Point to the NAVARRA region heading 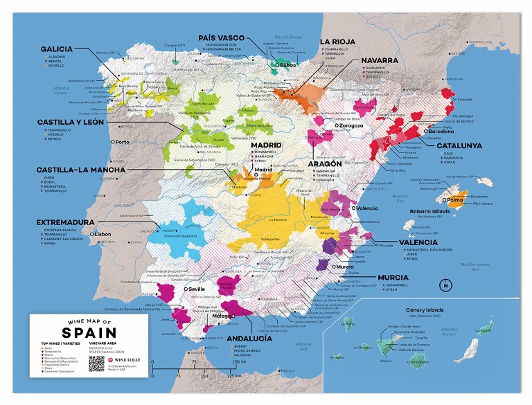click(379, 61)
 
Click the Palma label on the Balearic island click(455, 201)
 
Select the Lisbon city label click(101, 234)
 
